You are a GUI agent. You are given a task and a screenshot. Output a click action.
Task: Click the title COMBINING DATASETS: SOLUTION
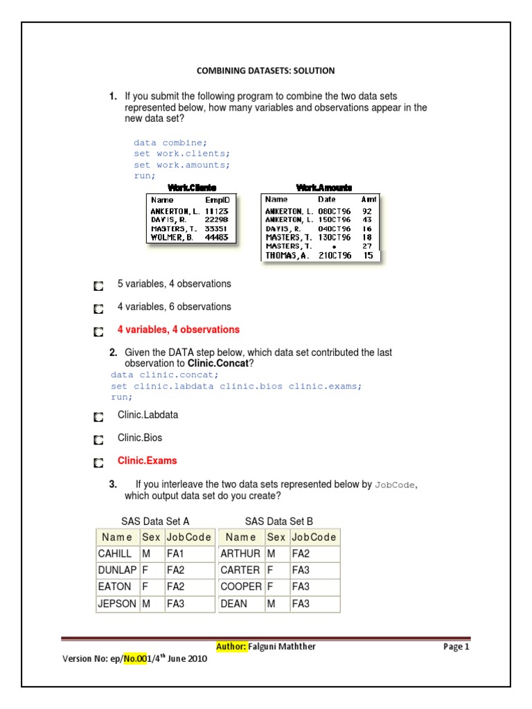coord(266,71)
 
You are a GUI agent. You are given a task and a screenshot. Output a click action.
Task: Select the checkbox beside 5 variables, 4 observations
coord(98,285)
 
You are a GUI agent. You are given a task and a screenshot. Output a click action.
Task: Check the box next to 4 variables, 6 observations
coord(98,307)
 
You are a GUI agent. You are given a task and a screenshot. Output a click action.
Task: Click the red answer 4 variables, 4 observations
coord(179,330)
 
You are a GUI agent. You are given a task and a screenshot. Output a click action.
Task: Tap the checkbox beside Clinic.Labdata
coord(98,416)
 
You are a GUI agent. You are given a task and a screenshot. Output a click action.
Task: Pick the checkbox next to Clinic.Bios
coord(98,439)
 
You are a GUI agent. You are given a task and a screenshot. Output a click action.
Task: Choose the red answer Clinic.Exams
coord(147,460)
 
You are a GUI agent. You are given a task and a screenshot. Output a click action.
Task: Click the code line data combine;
coord(170,143)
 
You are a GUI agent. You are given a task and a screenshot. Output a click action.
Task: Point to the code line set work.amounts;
coord(181,165)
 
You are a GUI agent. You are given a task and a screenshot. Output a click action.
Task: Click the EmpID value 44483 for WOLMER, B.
coord(217,237)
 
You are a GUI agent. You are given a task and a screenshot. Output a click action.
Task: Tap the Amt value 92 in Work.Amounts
coord(367,210)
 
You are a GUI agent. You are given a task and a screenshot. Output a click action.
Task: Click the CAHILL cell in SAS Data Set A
coord(115,554)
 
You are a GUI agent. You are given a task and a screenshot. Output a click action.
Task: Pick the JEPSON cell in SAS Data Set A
coord(117,604)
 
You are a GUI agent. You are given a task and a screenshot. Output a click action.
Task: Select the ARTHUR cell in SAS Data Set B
coord(240,554)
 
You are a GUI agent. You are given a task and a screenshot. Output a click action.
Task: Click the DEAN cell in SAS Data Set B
coord(233,604)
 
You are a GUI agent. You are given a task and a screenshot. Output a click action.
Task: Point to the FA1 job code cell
coord(176,554)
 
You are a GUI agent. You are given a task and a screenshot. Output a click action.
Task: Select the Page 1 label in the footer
coord(456,647)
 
